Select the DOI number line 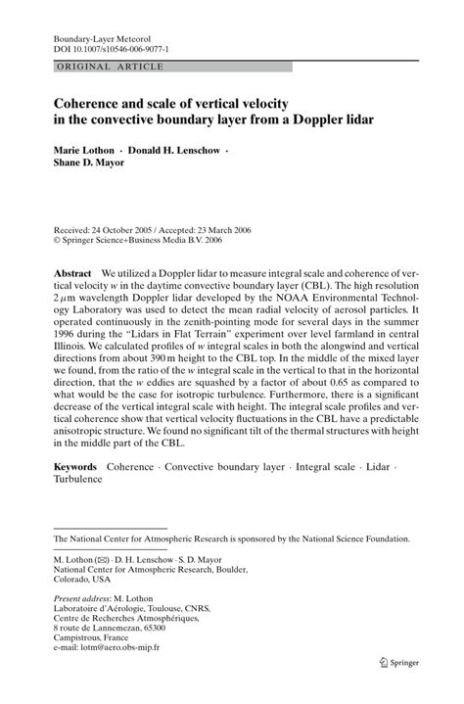pyautogui.click(x=99, y=47)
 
